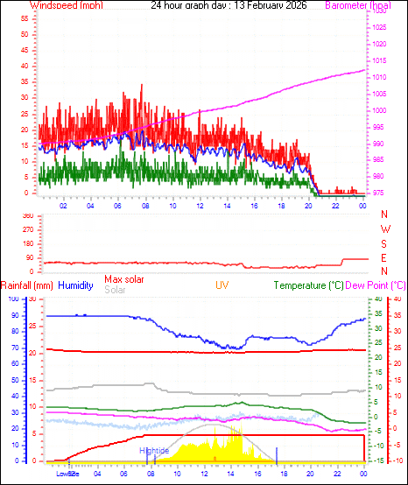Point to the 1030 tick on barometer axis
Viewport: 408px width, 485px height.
[377, 12]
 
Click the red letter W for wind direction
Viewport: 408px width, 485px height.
[384, 229]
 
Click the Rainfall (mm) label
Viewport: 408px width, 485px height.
[27, 285]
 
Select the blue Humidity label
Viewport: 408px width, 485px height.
[75, 285]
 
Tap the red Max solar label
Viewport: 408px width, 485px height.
[124, 279]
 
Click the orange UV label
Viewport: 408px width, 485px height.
[223, 285]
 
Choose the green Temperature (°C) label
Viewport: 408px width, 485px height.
[308, 285]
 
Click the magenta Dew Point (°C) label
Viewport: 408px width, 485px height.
[376, 285]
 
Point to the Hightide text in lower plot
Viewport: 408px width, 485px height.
[154, 450]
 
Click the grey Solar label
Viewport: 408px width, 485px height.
[115, 290]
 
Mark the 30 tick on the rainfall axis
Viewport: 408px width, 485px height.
[32, 299]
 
